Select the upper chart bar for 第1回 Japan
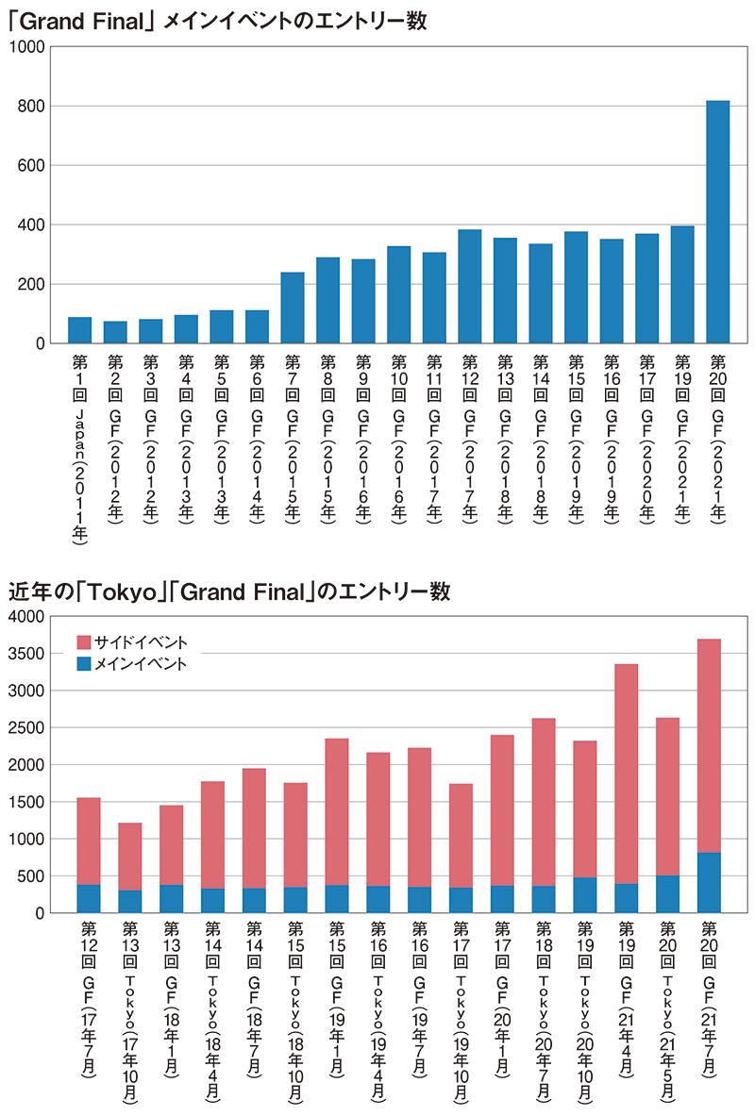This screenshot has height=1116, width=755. pyautogui.click(x=80, y=330)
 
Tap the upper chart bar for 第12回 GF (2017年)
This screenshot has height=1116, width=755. pyautogui.click(x=470, y=287)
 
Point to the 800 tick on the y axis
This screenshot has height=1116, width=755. pyautogui.click(x=31, y=107)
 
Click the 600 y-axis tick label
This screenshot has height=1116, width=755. pyautogui.click(x=31, y=166)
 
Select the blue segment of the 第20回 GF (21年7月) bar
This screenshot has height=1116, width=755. pyautogui.click(x=709, y=883)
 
